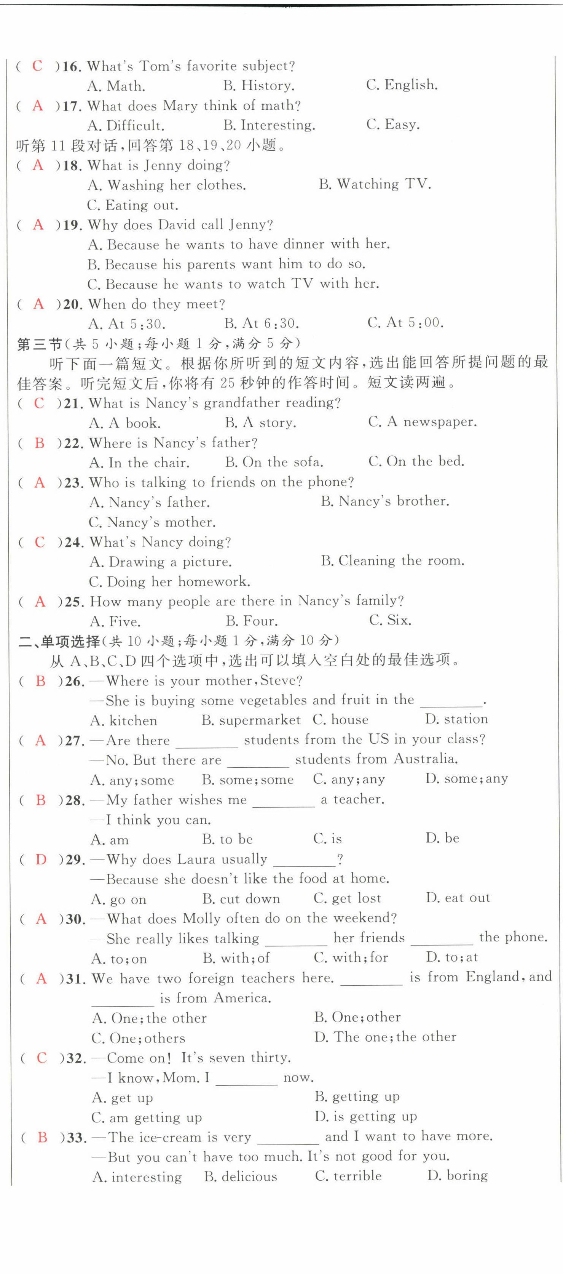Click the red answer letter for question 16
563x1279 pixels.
[38, 66]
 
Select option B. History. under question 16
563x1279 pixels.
[259, 85]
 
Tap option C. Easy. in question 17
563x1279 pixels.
[393, 124]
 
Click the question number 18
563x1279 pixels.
[72, 165]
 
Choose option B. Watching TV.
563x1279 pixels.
[375, 184]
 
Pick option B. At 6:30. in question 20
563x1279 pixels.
[262, 324]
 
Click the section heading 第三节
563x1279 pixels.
[39, 344]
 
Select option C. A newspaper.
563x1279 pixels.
[422, 422]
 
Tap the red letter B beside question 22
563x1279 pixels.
[40, 443]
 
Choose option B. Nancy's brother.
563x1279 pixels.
[385, 501]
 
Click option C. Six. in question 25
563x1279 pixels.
[390, 620]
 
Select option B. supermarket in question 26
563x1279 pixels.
[251, 720]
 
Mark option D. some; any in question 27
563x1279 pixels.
[466, 779]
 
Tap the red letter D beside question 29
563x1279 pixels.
[41, 860]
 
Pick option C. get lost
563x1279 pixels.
[347, 898]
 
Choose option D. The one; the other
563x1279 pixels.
[385, 1037]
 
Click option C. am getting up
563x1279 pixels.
[147, 1117]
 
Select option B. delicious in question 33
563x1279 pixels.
[241, 1177]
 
